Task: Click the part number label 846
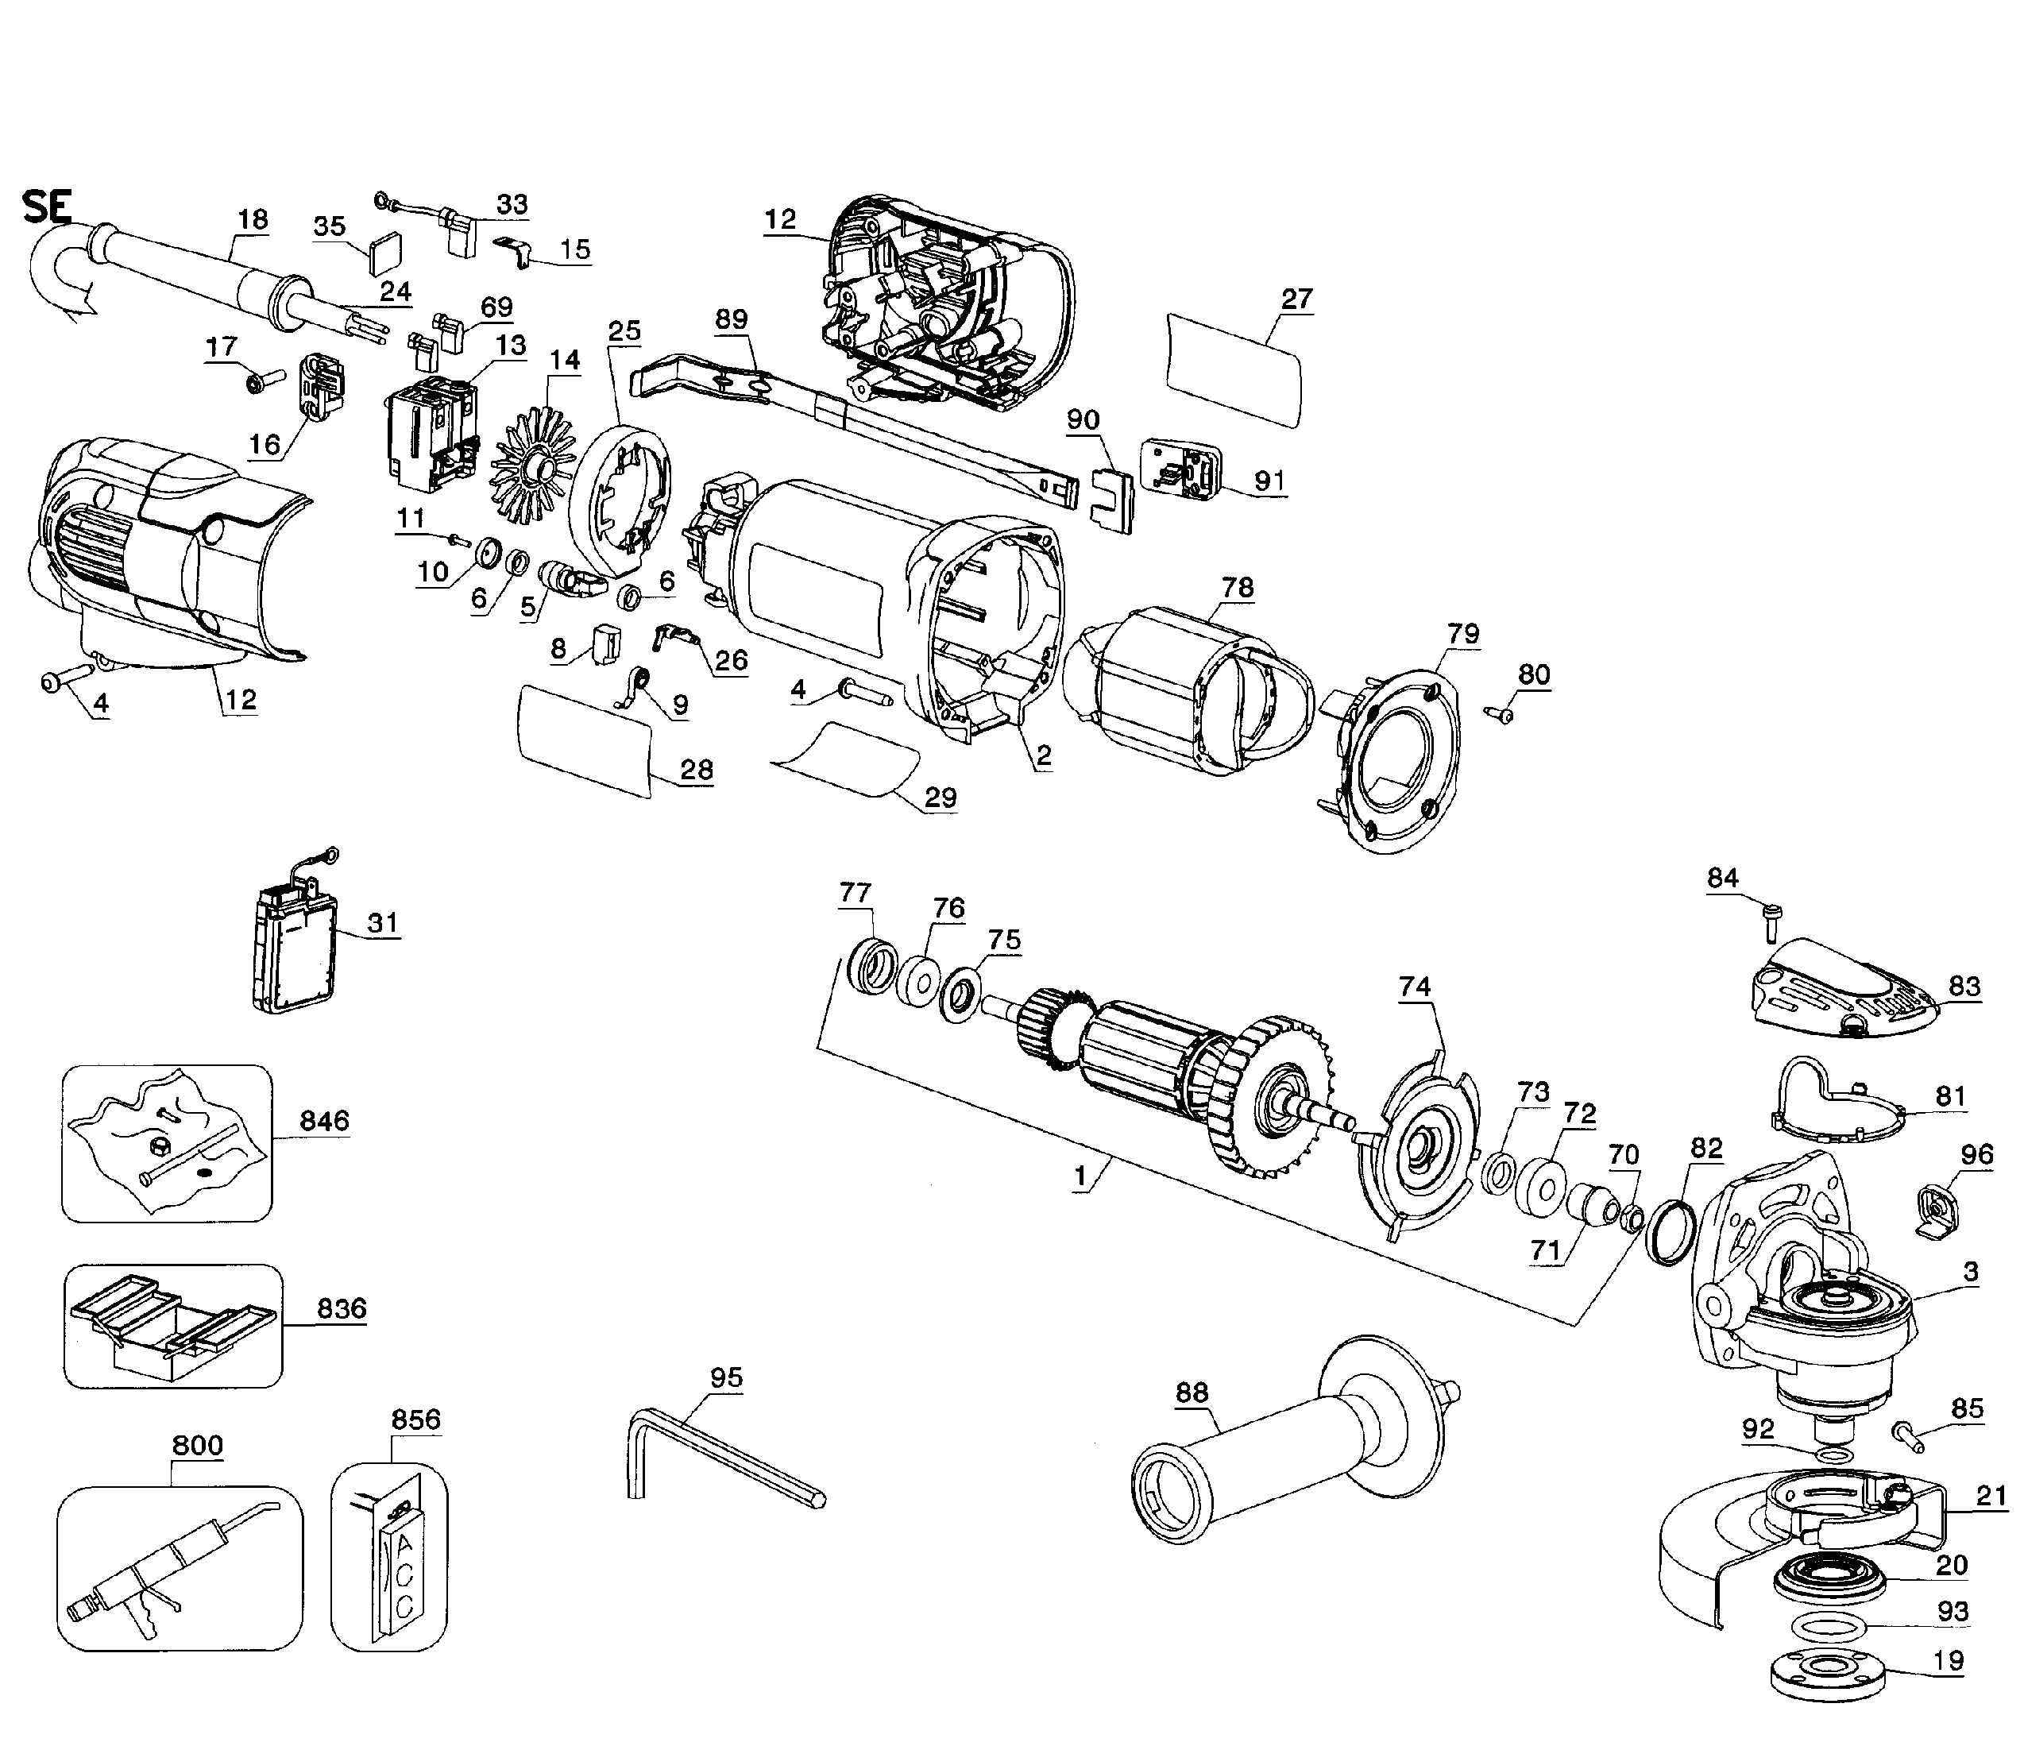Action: click(324, 1121)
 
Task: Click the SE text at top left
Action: click(47, 208)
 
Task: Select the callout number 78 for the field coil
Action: click(1238, 587)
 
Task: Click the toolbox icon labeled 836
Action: click(172, 1326)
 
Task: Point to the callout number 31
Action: click(382, 922)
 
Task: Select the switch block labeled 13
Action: click(430, 430)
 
